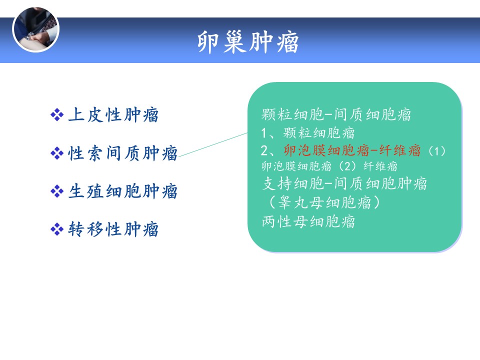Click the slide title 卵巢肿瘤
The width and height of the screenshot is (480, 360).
coord(248,42)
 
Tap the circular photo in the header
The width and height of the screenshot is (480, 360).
coord(35,29)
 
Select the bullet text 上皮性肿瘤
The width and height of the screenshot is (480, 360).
coord(113,115)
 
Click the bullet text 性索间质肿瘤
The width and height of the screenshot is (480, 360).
coord(123,153)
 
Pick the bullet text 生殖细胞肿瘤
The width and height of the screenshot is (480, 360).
coord(123,191)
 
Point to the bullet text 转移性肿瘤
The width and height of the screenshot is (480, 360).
coord(113,229)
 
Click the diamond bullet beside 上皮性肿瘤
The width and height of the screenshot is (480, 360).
coord(57,115)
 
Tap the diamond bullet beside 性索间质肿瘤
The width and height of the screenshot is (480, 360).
coord(57,153)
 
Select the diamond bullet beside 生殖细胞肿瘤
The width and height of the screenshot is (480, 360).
coord(57,191)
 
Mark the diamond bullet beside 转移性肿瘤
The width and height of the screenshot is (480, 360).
coord(57,229)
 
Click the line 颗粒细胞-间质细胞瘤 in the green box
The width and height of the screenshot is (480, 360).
coord(336,114)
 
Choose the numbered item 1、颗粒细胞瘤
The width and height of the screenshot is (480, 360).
coord(307,133)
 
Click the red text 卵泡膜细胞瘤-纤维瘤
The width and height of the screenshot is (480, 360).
coord(352,150)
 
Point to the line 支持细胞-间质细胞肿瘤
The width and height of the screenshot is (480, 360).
coord(344,183)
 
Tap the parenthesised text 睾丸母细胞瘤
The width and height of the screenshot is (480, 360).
coord(324,202)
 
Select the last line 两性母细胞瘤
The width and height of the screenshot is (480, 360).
coord(308,221)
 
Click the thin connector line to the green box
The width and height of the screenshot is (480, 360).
coord(213,145)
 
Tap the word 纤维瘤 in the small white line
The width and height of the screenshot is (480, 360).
coord(380,166)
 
